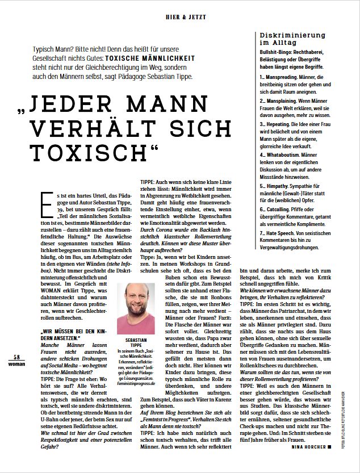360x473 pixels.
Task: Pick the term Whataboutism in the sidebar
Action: (286, 153)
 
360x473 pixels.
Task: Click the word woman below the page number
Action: (17, 363)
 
